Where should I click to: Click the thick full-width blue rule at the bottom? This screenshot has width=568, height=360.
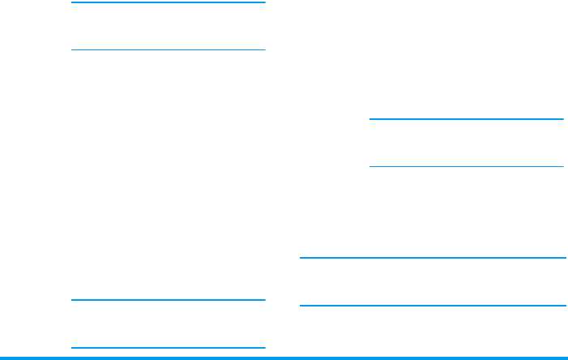284,357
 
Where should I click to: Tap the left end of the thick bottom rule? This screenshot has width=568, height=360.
2,357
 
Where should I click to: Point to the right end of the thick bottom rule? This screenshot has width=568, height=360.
566,357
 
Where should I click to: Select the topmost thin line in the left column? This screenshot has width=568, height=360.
169,2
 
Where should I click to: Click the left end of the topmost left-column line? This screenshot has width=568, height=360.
72,2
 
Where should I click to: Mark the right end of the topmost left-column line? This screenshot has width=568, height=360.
265,2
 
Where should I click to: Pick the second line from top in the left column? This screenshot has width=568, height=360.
169,50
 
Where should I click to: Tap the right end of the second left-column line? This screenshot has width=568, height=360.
265,50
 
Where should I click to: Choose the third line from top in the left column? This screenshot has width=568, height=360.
169,300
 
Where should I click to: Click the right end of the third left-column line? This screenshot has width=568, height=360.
265,300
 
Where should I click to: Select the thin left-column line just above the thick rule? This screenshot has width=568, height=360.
169,348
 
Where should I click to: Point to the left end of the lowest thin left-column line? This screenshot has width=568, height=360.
72,348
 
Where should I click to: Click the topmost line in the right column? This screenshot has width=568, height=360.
466,119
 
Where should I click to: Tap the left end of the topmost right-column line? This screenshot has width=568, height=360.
370,119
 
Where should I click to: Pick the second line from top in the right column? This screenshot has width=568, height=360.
466,167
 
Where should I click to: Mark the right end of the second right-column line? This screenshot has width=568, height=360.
562,167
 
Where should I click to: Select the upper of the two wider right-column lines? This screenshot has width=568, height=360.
433,258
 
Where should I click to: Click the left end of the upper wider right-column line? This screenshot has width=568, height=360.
301,258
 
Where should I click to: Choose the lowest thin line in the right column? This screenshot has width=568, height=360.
433,306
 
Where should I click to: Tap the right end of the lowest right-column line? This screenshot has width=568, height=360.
564,306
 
